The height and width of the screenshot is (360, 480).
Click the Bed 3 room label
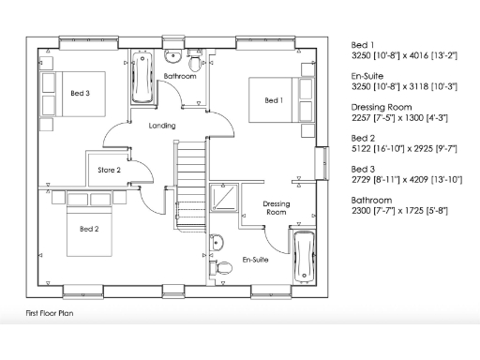[81, 94]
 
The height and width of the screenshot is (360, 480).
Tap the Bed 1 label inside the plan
[273, 100]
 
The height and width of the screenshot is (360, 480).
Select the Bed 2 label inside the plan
[89, 229]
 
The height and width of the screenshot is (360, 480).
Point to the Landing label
[162, 126]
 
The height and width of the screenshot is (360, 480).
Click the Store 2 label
[111, 170]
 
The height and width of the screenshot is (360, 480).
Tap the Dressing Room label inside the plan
[275, 207]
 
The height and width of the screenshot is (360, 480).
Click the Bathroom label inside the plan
[179, 75]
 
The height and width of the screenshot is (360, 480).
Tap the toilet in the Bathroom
[195, 63]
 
